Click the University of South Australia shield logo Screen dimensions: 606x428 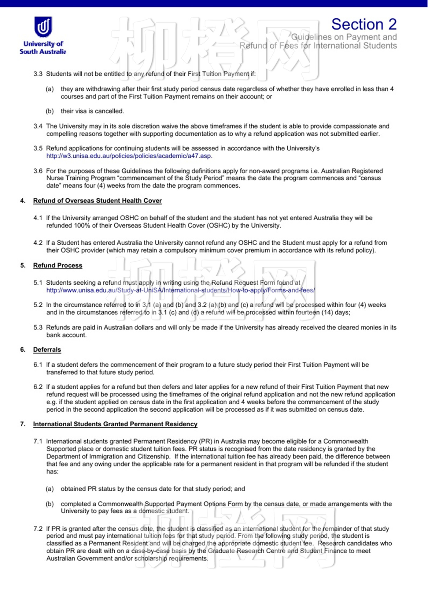click(x=43, y=27)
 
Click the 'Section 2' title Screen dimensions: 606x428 click(x=364, y=24)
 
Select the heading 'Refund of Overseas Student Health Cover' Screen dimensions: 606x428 click(x=97, y=201)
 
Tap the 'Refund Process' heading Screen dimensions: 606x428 click(x=57, y=265)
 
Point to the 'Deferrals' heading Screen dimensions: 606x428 click(x=47, y=350)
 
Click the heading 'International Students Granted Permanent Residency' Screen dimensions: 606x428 click(x=115, y=424)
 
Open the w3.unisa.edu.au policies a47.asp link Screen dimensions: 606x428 click(x=129, y=156)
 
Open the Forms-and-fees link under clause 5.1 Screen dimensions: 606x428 click(x=180, y=290)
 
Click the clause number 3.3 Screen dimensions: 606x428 click(x=38, y=74)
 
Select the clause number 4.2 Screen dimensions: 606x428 click(x=38, y=243)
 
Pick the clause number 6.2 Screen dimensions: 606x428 click(x=38, y=387)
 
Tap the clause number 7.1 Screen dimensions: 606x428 click(x=38, y=441)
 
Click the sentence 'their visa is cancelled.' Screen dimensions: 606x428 click(x=92, y=111)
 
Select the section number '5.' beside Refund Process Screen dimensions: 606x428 click(x=23, y=265)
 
